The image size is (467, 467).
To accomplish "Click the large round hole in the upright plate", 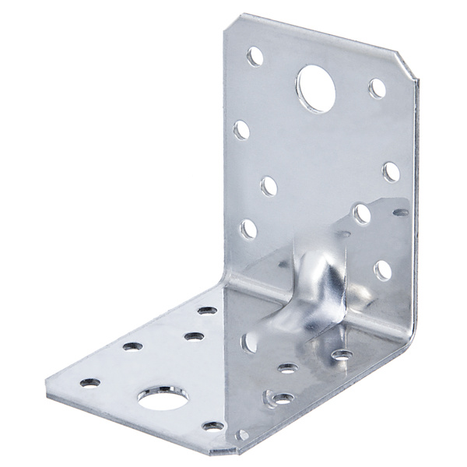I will [x=315, y=89].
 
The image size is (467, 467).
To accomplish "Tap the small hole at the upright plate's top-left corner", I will [x=255, y=56].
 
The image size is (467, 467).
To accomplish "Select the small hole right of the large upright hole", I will [x=377, y=88].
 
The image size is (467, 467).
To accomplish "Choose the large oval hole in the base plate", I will [x=163, y=399].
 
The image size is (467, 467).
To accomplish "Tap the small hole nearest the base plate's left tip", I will [x=90, y=382].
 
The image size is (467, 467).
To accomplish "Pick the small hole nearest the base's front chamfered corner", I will [x=212, y=426].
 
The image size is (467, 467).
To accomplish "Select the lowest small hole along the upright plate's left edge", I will [x=248, y=228].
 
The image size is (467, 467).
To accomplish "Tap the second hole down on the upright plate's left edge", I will [x=241, y=129].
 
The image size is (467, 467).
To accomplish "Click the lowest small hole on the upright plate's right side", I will [x=382, y=270].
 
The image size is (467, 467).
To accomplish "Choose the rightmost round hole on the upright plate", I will [x=391, y=172].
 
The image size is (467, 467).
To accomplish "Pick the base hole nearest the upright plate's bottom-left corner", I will [x=207, y=310].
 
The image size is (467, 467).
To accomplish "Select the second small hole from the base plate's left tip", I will [x=132, y=346].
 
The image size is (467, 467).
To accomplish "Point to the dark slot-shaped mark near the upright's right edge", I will [x=400, y=212].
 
